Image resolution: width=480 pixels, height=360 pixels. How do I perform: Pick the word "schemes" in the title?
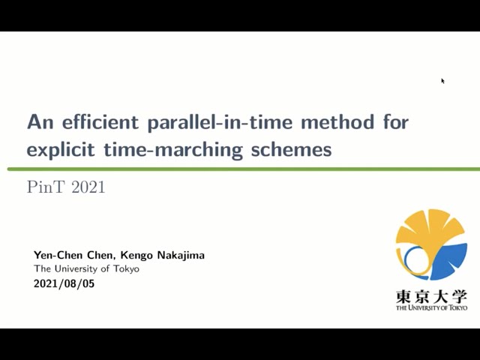tap(292, 149)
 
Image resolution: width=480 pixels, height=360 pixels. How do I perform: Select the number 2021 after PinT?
tap(88, 187)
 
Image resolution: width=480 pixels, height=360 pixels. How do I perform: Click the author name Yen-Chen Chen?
tap(71, 255)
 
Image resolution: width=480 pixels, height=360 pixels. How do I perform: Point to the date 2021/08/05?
tap(64, 284)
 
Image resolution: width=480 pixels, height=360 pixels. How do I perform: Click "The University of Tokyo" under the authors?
tap(86, 269)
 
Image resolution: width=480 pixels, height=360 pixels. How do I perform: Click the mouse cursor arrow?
tap(442, 80)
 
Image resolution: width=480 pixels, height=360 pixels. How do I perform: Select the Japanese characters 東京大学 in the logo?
tap(431, 296)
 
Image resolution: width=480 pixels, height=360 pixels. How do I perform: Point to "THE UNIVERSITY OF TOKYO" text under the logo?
tap(431, 308)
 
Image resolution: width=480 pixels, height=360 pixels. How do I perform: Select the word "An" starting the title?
tap(37, 121)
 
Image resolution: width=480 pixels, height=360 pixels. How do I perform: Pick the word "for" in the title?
tap(392, 121)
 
